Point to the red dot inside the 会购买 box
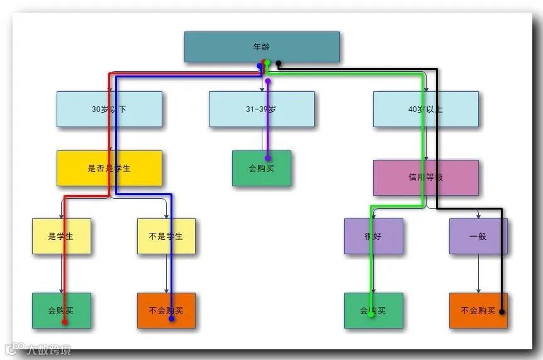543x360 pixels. (x=64, y=322)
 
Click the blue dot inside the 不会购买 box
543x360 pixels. (x=172, y=319)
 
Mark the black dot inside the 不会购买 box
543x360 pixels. (x=501, y=312)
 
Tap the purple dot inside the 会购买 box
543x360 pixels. (x=267, y=158)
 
